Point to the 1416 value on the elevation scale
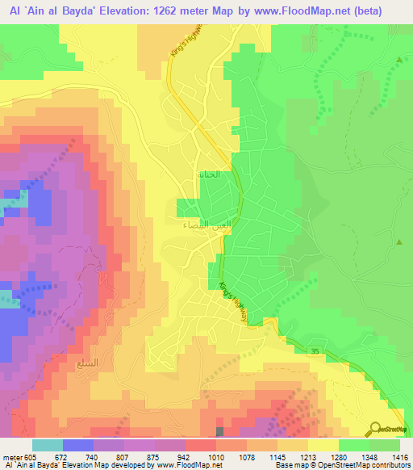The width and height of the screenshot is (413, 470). click(x=400, y=457)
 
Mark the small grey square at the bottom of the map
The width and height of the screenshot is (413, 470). click(x=220, y=432)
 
